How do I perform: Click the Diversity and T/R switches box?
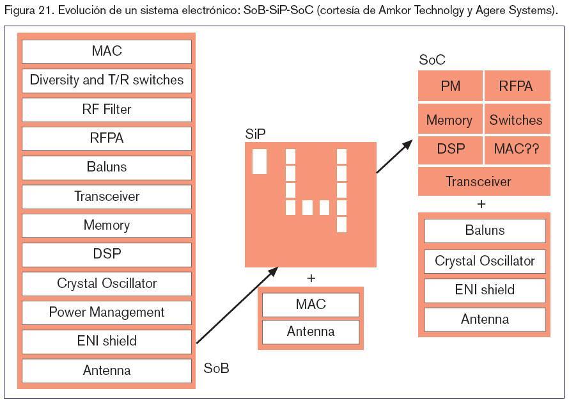pyautogui.click(x=107, y=81)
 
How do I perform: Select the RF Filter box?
pyautogui.click(x=107, y=109)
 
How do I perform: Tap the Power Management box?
pyautogui.click(x=107, y=312)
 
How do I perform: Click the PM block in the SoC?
pyautogui.click(x=451, y=86)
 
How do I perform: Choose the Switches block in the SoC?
pyautogui.click(x=516, y=120)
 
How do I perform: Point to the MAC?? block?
pyautogui.click(x=516, y=150)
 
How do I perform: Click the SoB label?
pyautogui.click(x=216, y=369)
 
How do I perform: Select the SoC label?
pyautogui.click(x=432, y=60)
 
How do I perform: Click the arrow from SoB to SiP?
pyautogui.click(x=237, y=306)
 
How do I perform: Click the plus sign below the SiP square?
pyautogui.click(x=311, y=278)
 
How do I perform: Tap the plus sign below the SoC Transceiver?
pyautogui.click(x=481, y=204)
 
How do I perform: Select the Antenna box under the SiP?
pyautogui.click(x=311, y=332)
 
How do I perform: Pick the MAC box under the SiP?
pyautogui.click(x=311, y=305)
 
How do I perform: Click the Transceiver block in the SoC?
pyautogui.click(x=484, y=182)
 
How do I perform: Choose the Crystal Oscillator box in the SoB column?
pyautogui.click(x=107, y=283)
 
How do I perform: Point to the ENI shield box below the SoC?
pyautogui.click(x=485, y=290)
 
